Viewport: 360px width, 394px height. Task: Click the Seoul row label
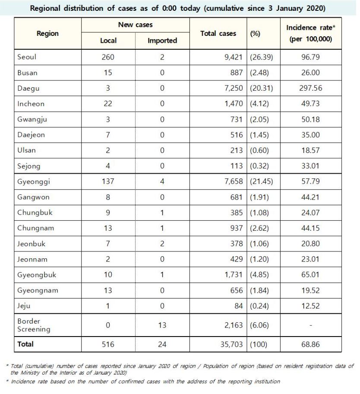pos(27,57)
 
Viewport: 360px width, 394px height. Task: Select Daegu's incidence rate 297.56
pos(310,88)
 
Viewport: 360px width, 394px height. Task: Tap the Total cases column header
pos(218,33)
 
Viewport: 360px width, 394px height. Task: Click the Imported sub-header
pos(162,41)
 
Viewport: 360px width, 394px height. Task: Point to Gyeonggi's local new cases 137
pos(108,181)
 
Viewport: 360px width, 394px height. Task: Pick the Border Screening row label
pos(34,325)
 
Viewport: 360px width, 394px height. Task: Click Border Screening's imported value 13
pos(162,325)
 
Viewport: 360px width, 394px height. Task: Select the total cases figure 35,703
pos(231,344)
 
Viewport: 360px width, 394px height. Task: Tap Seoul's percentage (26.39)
pos(261,57)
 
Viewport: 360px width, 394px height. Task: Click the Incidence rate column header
pos(311,33)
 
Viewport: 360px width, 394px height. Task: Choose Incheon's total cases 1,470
pos(234,104)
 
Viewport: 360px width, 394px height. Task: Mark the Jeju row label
pos(24,306)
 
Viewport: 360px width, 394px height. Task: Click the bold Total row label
pos(25,344)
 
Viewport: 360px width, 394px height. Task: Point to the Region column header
pos(47,33)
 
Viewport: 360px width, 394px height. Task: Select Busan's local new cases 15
pos(108,73)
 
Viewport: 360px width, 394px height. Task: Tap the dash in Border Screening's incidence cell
pos(311,325)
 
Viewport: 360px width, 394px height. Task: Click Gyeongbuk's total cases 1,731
pos(234,275)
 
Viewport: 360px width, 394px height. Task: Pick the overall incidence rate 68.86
pos(310,344)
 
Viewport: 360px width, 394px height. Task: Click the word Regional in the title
pos(45,8)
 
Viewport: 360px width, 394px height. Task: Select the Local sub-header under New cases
pos(108,41)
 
